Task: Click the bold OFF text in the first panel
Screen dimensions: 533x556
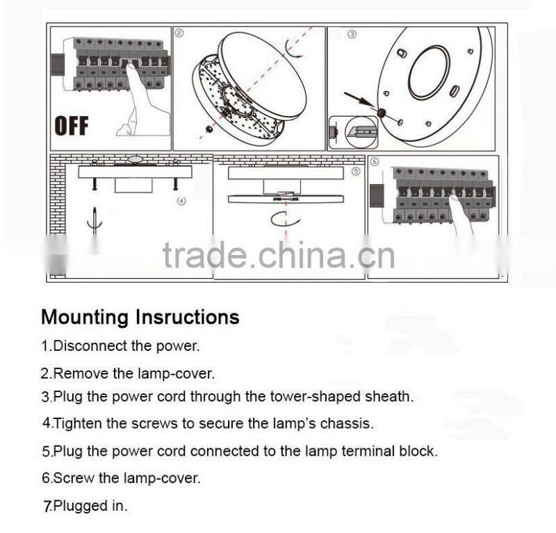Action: click(x=72, y=126)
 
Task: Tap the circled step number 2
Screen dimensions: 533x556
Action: click(x=179, y=33)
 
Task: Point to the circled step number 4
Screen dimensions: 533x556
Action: click(x=182, y=202)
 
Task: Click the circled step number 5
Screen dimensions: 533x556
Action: click(x=356, y=170)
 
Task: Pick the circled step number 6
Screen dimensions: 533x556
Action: click(x=375, y=162)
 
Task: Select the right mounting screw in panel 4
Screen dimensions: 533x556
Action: click(x=175, y=183)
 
